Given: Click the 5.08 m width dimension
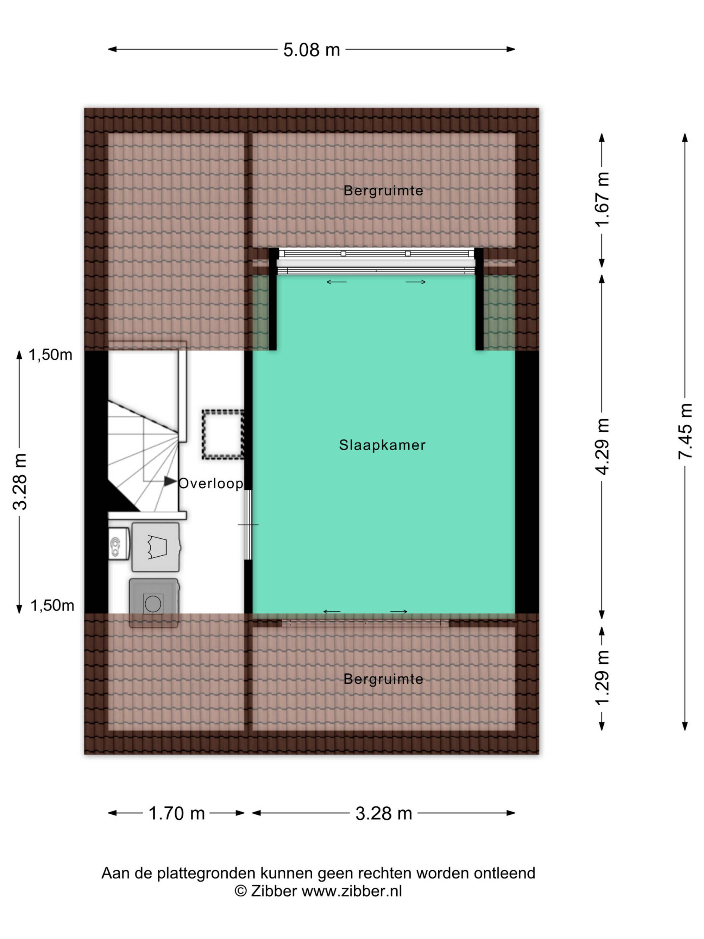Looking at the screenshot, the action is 312,50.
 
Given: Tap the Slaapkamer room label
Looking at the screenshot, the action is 382,445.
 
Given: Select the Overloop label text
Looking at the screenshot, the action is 210,483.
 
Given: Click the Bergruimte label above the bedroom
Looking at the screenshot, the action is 383,190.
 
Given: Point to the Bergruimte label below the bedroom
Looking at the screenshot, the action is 383,679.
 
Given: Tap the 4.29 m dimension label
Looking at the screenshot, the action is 602,446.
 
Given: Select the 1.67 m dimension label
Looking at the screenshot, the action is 602,200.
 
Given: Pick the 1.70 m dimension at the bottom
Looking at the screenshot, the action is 177,813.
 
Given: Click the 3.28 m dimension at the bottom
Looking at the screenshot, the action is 384,813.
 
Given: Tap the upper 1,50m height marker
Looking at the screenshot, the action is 50,355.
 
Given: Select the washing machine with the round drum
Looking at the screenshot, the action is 153,603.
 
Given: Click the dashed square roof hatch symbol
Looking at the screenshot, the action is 223,434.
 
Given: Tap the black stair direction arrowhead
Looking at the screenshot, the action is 171,481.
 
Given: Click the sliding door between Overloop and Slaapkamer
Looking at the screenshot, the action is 249,525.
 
